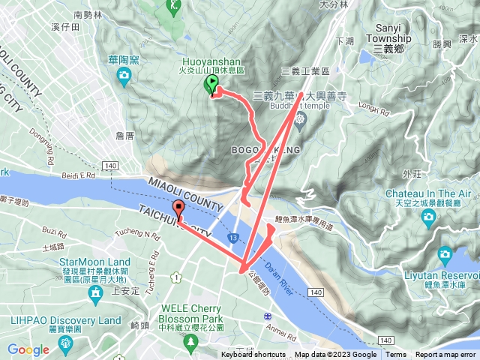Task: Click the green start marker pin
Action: tap(211, 85)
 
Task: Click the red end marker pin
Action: tap(178, 210)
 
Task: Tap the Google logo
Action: tap(28, 349)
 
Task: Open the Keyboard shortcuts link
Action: tap(253, 355)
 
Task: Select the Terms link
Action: tap(396, 355)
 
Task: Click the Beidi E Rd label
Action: tap(79, 175)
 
